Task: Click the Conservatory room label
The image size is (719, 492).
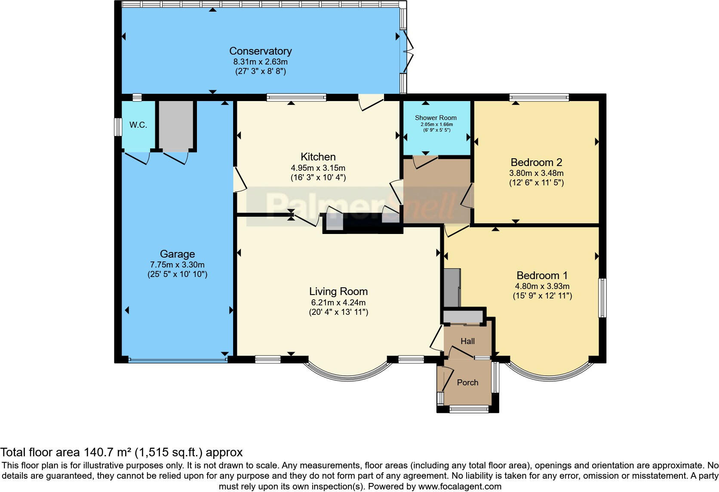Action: click(260, 51)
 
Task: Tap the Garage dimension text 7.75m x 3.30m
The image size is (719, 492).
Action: click(177, 265)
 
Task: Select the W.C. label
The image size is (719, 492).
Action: click(138, 125)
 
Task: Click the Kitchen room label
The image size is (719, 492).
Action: click(318, 157)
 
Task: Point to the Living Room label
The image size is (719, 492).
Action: click(338, 292)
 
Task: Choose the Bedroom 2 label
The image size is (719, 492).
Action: click(536, 163)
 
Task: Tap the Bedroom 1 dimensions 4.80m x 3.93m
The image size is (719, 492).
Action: click(542, 286)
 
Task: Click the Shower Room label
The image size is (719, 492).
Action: click(436, 118)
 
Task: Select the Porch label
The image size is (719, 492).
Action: click(467, 382)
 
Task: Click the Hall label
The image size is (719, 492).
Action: click(467, 341)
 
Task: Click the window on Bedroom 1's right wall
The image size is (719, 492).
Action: click(602, 298)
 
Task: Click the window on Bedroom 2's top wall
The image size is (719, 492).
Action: click(539, 98)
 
